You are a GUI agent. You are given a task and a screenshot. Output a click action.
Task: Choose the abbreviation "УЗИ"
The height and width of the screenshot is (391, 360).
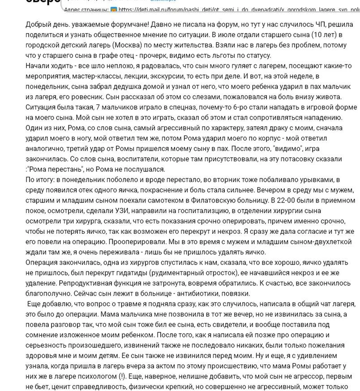114,211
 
